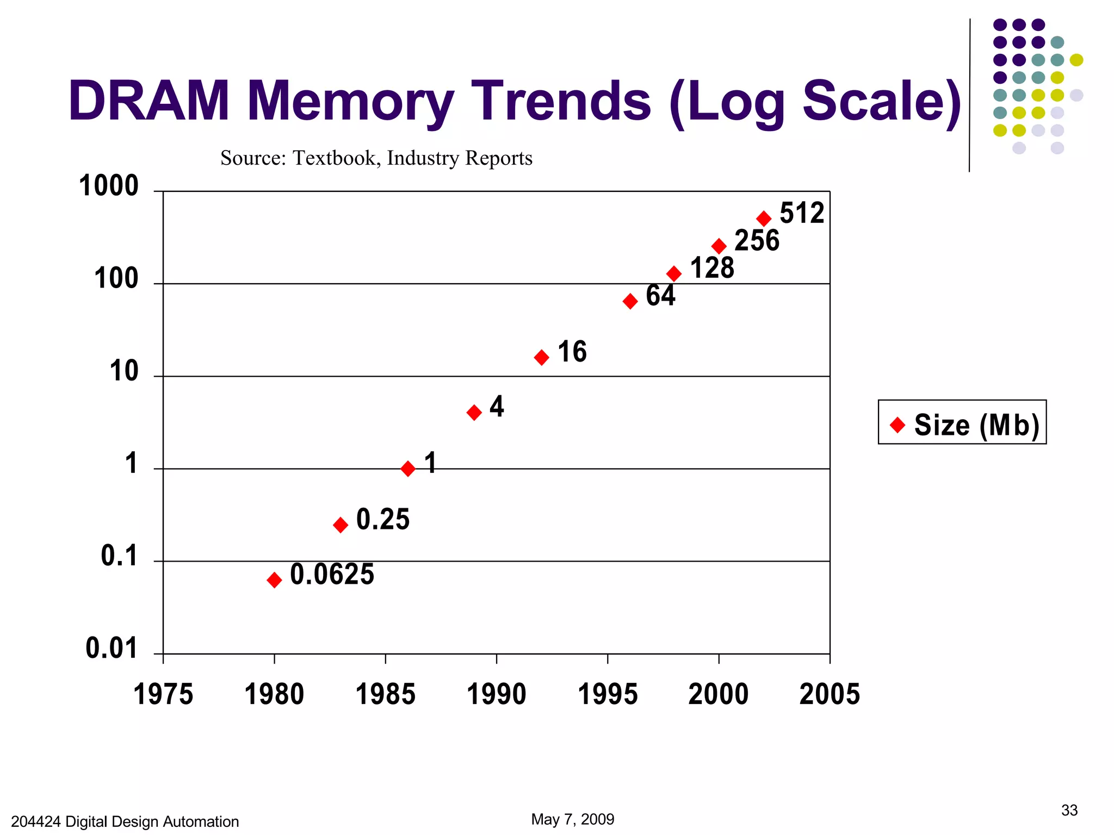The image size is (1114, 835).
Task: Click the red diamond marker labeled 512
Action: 764,219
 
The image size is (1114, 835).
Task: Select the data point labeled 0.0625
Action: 274,580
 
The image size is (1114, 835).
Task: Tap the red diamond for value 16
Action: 541,357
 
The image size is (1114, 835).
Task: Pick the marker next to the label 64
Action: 630,301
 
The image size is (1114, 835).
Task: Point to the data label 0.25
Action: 382,519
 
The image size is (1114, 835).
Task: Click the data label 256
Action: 757,240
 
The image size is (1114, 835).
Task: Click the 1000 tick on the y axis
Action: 109,186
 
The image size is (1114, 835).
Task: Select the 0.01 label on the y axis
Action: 112,649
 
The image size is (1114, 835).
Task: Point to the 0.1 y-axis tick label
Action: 119,556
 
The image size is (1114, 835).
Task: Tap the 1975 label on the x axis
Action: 163,694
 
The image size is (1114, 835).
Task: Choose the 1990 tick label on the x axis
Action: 496,694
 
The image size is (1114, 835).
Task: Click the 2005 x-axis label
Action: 830,694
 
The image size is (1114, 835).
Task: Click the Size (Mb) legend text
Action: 976,425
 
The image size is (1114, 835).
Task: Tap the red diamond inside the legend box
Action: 898,424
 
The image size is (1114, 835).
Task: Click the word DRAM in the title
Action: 149,101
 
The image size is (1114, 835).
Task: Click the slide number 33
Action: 1069,811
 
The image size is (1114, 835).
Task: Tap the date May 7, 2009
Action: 572,819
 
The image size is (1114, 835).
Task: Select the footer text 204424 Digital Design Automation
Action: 125,821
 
